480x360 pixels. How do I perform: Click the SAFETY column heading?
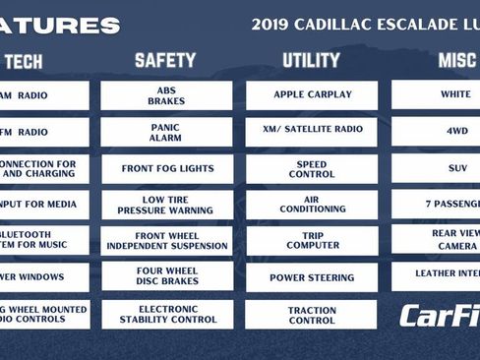pos(165,61)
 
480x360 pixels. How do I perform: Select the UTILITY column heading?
pos(311,61)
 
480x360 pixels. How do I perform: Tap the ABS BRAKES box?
pos(166,95)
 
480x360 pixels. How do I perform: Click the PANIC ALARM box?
pos(166,132)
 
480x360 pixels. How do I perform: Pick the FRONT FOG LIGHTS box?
pos(166,168)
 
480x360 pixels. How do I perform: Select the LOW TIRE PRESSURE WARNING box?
pos(166,205)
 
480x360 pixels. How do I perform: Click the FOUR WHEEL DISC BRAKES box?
pos(166,276)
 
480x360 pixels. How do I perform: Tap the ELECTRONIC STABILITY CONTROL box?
pos(166,313)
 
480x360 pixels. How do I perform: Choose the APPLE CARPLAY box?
pos(311,95)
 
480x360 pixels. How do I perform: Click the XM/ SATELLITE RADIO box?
pos(311,132)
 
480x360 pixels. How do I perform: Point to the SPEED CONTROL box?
pos(311,168)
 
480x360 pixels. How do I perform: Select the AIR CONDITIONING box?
pos(311,205)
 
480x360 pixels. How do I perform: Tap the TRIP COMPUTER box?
pos(311,240)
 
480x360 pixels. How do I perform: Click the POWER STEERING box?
pos(311,277)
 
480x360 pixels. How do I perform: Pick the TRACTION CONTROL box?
pos(311,314)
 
